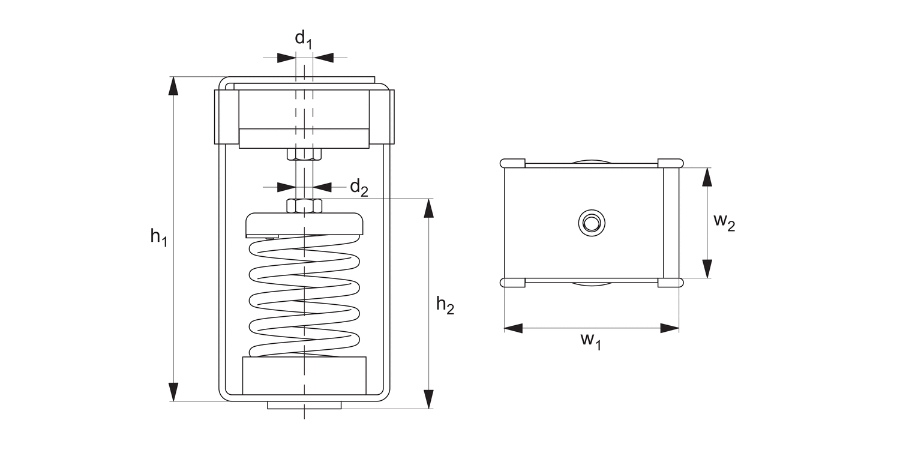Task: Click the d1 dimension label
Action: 304,40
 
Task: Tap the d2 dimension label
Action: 359,188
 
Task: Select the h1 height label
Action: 159,237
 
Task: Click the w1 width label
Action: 590,341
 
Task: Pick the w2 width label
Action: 724,223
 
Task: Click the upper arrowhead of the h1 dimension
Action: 173,86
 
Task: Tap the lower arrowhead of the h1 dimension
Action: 173,392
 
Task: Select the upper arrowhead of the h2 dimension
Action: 429,208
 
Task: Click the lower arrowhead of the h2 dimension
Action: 429,400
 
